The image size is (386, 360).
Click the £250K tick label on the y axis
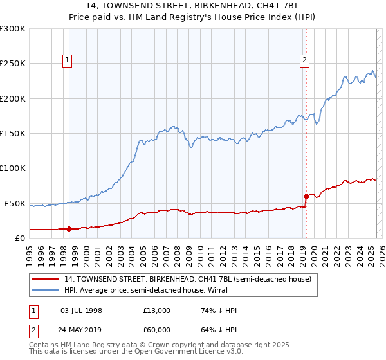tap(12, 64)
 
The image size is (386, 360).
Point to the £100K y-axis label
tap(12, 168)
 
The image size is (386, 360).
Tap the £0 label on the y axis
tap(20, 238)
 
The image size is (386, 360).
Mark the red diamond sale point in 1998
tap(69, 228)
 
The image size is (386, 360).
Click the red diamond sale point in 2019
tap(306, 196)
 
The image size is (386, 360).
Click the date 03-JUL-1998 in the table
tap(81, 310)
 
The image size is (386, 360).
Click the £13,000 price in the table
tap(157, 310)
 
